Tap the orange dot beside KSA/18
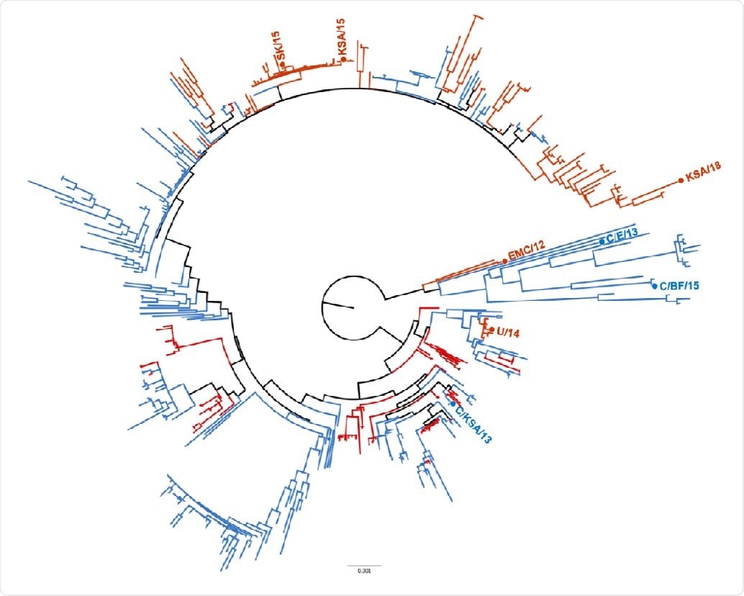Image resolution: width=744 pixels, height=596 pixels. point(681,181)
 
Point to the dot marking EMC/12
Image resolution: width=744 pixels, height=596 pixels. point(504,261)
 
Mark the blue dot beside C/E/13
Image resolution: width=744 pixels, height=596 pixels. point(602,242)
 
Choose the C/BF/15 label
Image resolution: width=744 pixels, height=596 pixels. point(679,286)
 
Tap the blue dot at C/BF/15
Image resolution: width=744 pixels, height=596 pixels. point(653,284)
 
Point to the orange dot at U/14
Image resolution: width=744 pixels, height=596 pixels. point(491,331)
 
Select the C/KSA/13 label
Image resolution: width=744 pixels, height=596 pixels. point(473,425)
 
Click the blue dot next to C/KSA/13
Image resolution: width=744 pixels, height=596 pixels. point(453,405)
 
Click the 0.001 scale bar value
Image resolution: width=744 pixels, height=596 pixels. point(365,572)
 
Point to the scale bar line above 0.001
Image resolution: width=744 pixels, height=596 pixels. point(365,565)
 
